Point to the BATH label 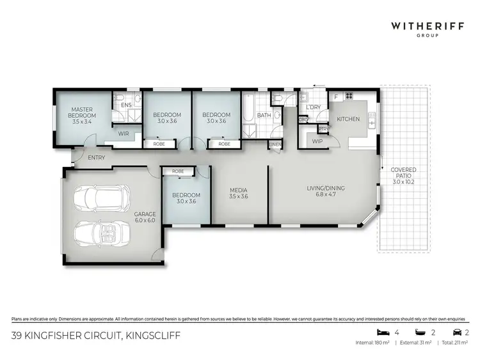click(x=264, y=116)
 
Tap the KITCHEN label click(x=348, y=119)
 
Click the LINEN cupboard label click(x=275, y=145)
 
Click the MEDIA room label click(x=238, y=192)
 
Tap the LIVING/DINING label click(x=325, y=191)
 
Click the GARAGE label click(x=145, y=217)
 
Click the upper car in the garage click(x=102, y=200)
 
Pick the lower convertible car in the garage click(x=102, y=233)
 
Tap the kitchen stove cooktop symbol click(x=349, y=97)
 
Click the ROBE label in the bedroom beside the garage click(x=178, y=171)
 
